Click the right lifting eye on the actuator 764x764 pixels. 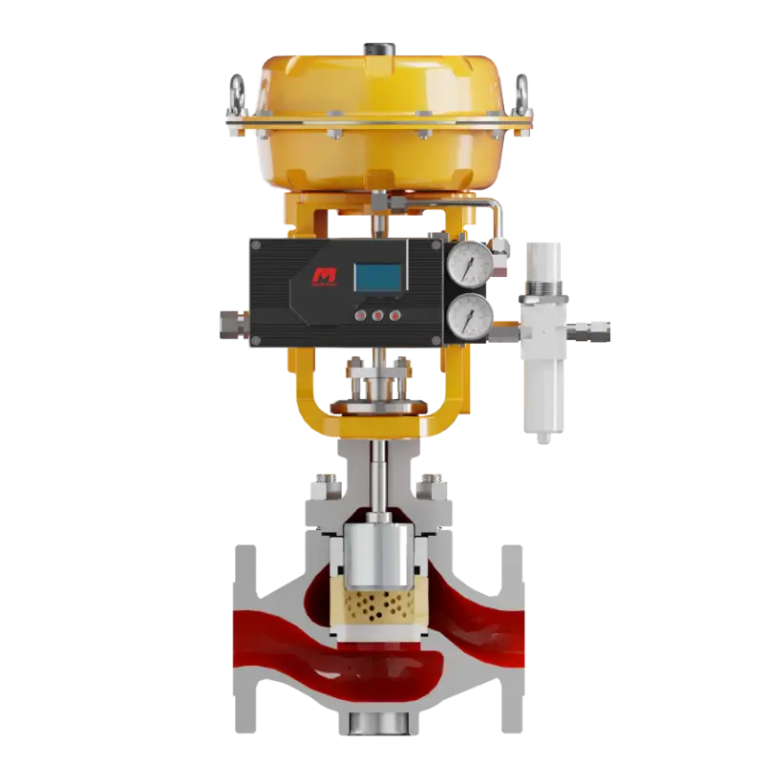[521, 95]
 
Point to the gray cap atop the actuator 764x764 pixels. [377, 45]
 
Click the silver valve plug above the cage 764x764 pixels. [375, 554]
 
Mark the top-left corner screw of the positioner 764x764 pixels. [255, 245]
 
